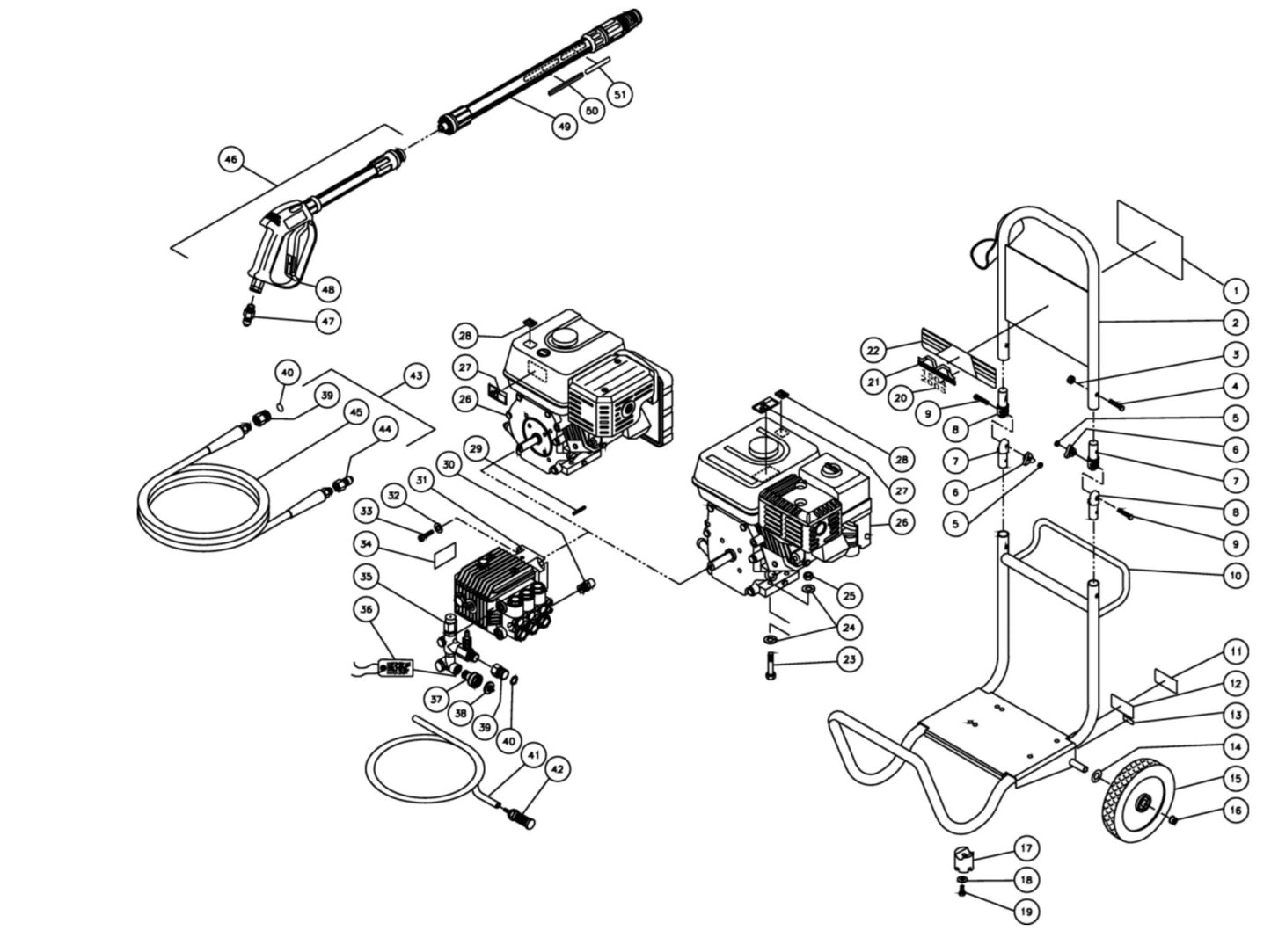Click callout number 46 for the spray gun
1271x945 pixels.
[x=230, y=160]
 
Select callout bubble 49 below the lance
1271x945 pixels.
[x=564, y=126]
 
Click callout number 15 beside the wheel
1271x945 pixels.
[x=1235, y=778]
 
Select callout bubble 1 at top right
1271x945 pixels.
[x=1235, y=290]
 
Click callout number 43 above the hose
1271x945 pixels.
[x=416, y=376]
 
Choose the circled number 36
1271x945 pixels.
[x=367, y=608]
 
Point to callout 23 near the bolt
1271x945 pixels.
[x=848, y=658]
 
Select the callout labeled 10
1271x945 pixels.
[x=1235, y=576]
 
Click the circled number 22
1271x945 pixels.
[x=872, y=350]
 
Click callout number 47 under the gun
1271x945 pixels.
[x=328, y=322]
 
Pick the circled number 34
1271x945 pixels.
[x=367, y=545]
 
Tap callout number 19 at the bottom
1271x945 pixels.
[x=1026, y=912]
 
